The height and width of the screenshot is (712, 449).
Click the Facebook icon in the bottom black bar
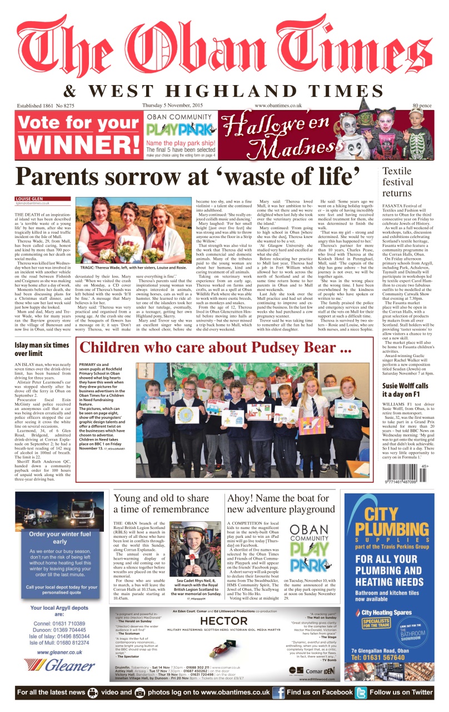click(x=278, y=693)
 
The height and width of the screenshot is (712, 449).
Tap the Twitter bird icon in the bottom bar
click(x=361, y=693)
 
